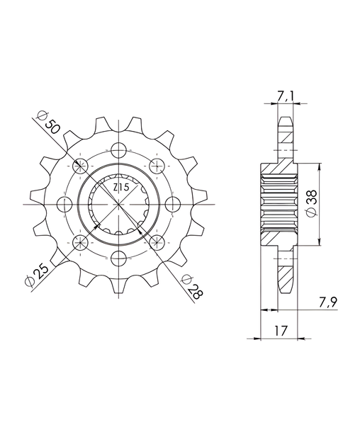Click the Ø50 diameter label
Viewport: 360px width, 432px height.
(x=48, y=123)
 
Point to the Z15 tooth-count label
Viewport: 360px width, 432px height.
(x=121, y=188)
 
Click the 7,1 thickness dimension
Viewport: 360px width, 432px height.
(x=285, y=96)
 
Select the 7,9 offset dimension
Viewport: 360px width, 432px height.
(x=328, y=302)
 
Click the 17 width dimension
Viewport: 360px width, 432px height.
(x=281, y=331)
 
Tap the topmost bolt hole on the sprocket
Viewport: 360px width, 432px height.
(x=118, y=150)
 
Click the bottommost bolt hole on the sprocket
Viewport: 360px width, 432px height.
(x=118, y=258)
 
